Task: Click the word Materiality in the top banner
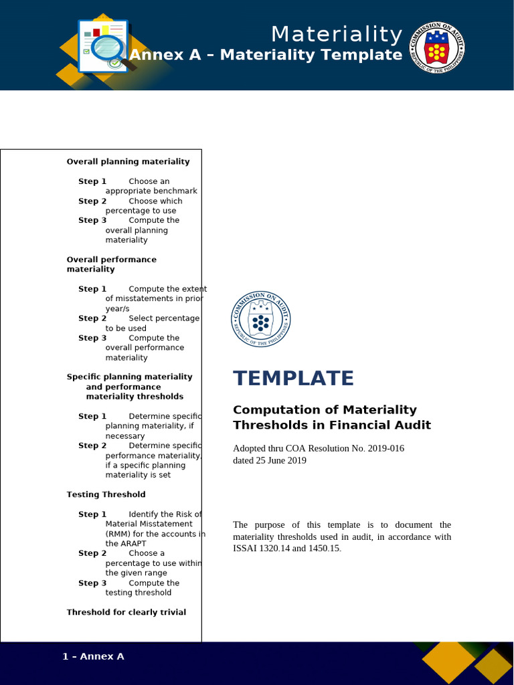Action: (x=337, y=34)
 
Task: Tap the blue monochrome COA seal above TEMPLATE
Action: (x=261, y=320)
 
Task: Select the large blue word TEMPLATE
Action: (x=293, y=379)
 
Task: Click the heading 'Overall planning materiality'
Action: (x=128, y=162)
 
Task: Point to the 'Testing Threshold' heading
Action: (x=106, y=494)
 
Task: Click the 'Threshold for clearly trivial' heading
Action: (x=126, y=612)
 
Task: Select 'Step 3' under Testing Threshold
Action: (x=92, y=583)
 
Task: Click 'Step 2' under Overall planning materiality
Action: (x=92, y=201)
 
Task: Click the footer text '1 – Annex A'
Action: (x=93, y=656)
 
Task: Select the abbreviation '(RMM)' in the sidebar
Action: (x=119, y=534)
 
